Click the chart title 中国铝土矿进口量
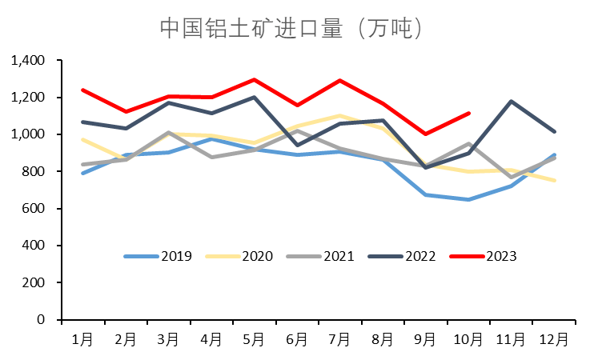pyautogui.click(x=291, y=28)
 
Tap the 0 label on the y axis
pyautogui.click(x=44, y=319)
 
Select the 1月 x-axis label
pyautogui.click(x=83, y=339)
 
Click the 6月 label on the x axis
pyautogui.click(x=297, y=339)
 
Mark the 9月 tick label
pyautogui.click(x=425, y=339)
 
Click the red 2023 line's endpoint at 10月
pyautogui.click(x=468, y=114)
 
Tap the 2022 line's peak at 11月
pyautogui.click(x=512, y=102)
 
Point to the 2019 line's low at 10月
pyautogui.click(x=468, y=199)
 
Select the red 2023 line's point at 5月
pyautogui.click(x=254, y=80)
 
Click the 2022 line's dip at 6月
pyautogui.click(x=297, y=145)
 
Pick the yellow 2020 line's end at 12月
pyautogui.click(x=554, y=180)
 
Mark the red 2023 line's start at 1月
pyautogui.click(x=83, y=90)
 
